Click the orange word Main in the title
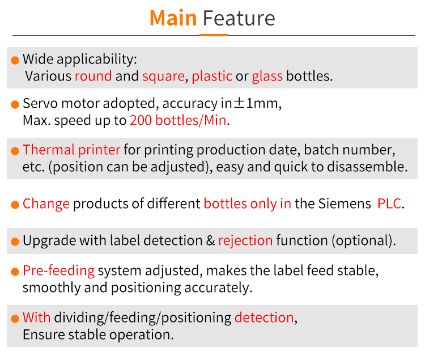click(173, 18)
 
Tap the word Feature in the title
click(239, 18)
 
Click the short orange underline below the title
click(214, 35)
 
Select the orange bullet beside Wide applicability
click(15, 60)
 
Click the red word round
click(93, 76)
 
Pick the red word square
click(163, 77)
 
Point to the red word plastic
click(212, 76)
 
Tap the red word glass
click(267, 77)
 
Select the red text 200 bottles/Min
click(178, 120)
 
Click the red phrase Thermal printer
click(71, 150)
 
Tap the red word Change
click(46, 204)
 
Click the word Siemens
click(345, 204)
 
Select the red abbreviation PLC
click(389, 204)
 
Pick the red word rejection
click(245, 241)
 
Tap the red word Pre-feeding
click(59, 271)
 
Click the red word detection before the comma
click(264, 317)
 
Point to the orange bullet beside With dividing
click(15, 319)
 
